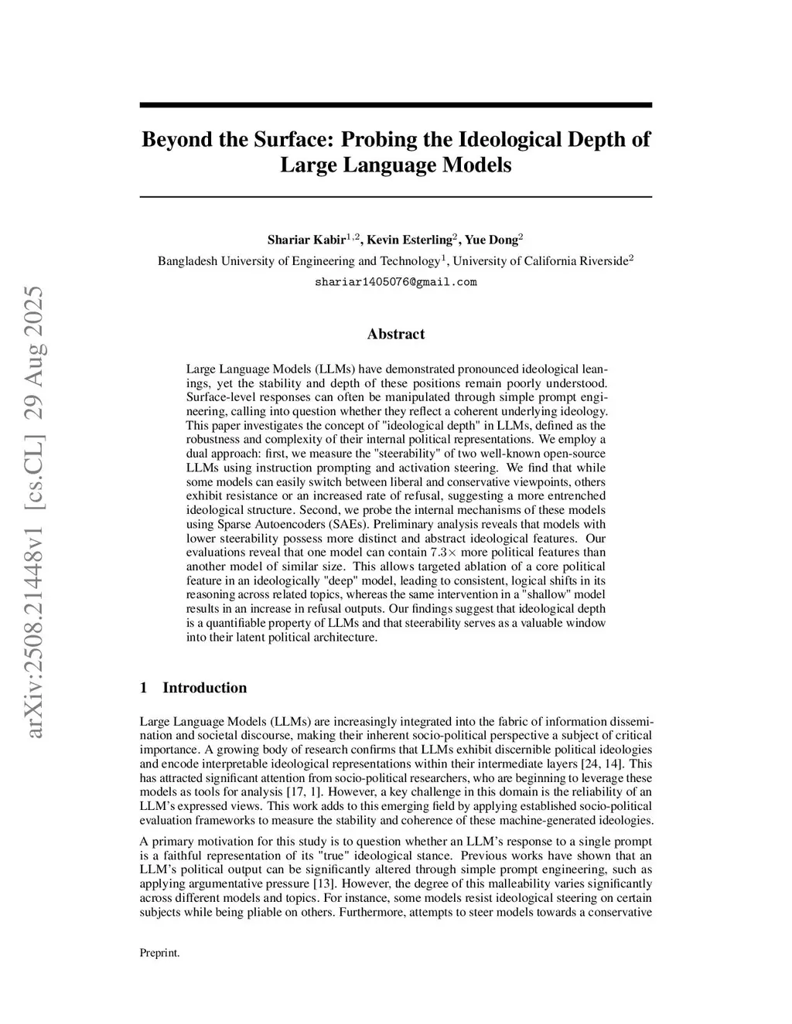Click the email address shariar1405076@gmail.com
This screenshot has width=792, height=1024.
click(x=395, y=282)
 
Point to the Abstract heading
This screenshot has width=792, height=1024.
click(x=395, y=334)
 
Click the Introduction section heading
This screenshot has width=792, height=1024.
click(x=204, y=688)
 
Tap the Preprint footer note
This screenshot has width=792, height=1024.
click(x=159, y=953)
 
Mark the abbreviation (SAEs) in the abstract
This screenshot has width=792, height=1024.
click(x=348, y=524)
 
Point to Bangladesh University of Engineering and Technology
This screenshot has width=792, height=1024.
click(x=299, y=261)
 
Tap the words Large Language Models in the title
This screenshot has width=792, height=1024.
click(x=395, y=165)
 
